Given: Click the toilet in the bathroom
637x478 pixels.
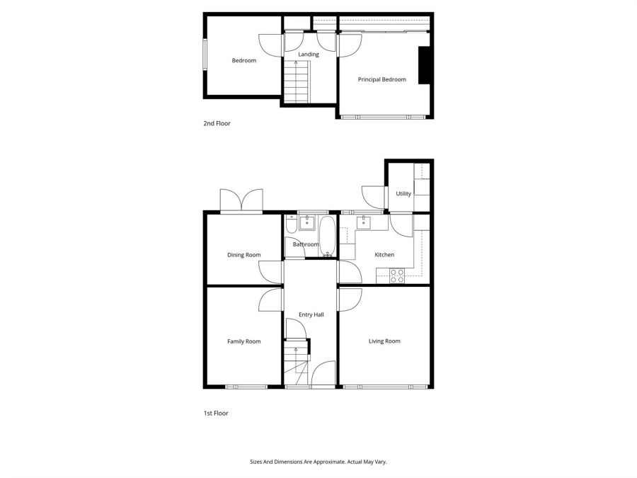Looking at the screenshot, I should [x=291, y=225].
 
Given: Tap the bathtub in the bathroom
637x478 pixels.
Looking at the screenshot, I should [x=328, y=236].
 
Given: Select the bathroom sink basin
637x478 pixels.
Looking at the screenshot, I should [x=307, y=223].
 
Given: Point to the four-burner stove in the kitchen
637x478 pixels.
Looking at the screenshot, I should [x=397, y=275].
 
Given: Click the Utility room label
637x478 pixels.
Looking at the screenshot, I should [x=403, y=193].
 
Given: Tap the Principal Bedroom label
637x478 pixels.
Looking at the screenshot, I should [x=382, y=79].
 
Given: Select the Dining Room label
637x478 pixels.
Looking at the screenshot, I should [x=243, y=255].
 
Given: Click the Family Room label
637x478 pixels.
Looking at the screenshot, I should [x=243, y=341].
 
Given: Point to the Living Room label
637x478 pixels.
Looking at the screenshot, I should [x=384, y=341].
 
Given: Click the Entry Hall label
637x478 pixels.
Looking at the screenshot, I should [x=311, y=314].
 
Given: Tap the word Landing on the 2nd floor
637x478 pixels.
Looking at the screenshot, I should [x=309, y=55].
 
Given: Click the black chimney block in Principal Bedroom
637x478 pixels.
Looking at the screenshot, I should [x=424, y=66].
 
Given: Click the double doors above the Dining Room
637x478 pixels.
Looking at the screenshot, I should [x=241, y=200].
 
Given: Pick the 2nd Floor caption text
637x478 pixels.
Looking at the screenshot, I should [x=217, y=123].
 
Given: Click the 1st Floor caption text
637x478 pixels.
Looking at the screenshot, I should [x=216, y=413].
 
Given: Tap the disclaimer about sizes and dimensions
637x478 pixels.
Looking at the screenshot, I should [x=318, y=462].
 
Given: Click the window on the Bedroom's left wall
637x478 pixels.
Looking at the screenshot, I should [x=205, y=54].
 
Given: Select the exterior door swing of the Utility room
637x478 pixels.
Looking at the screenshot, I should [x=372, y=196].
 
